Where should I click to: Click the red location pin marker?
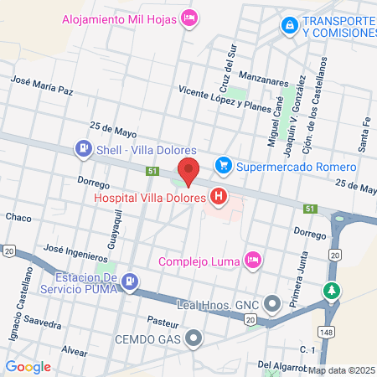(x=188, y=170)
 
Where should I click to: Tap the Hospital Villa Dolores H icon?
(x=219, y=198)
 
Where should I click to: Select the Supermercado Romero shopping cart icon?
(x=223, y=165)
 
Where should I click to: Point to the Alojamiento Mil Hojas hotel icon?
(x=190, y=17)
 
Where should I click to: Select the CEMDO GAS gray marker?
(x=194, y=338)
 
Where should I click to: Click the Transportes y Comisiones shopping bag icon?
(x=289, y=25)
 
